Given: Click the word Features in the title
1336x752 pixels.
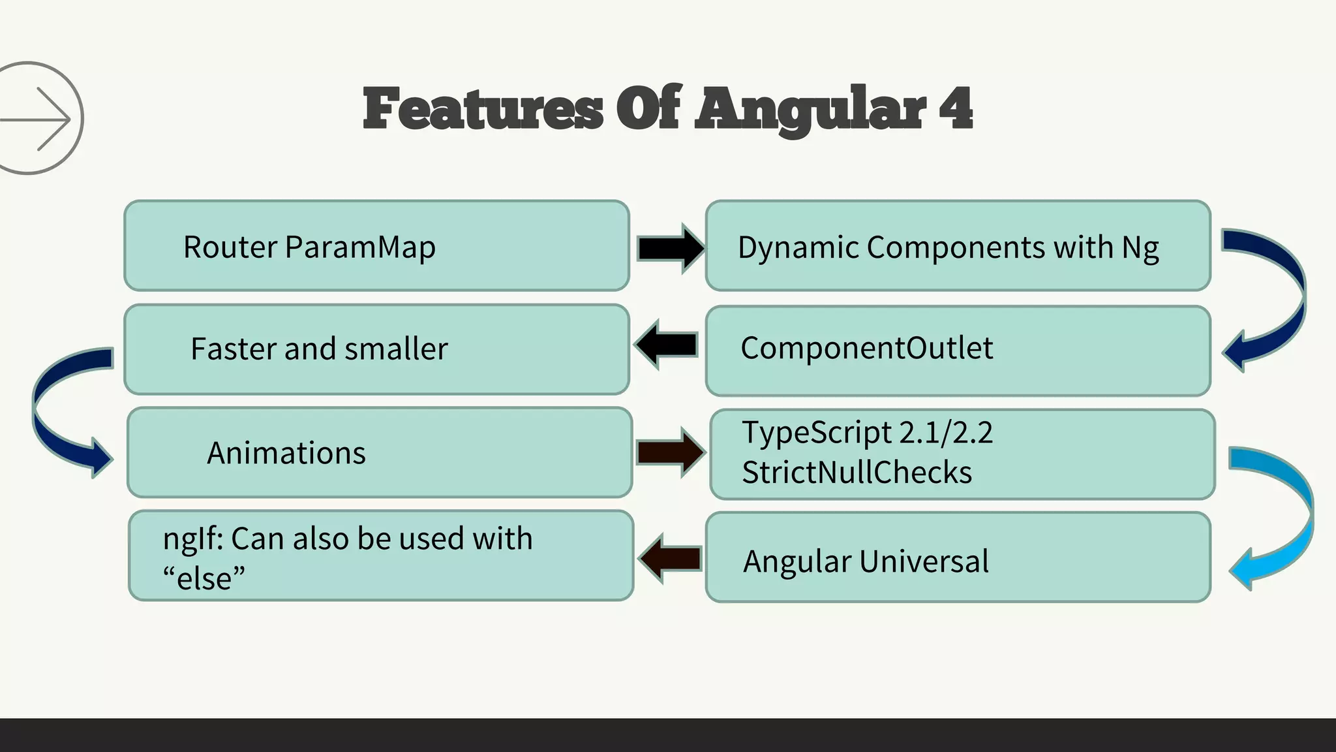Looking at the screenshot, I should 483,110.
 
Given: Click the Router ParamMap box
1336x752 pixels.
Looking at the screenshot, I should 376,246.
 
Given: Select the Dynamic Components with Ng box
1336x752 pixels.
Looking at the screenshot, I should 958,246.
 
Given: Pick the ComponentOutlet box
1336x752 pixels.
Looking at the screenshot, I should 958,350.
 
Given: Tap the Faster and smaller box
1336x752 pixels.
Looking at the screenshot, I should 376,349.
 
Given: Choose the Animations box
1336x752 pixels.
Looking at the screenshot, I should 380,452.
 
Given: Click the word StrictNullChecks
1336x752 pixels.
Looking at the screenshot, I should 857,473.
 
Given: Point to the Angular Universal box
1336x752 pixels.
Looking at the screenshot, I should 958,559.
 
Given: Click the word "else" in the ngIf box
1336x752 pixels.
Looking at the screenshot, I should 204,578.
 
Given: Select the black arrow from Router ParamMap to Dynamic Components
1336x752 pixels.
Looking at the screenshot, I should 669,248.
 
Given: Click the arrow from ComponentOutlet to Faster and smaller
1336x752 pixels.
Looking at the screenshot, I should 666,345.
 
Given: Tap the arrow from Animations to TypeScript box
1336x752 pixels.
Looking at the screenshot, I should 669,452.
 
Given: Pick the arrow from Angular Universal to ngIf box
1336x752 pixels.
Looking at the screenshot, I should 669,559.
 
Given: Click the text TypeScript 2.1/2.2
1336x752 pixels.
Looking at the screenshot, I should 867,433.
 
